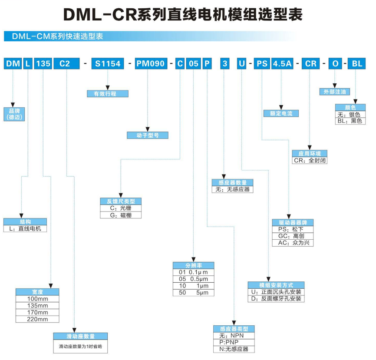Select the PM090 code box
pos(151,63)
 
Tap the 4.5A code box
pos(281,63)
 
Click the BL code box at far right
pos(356,63)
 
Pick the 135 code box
pos(43,63)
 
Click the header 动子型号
pos(147,135)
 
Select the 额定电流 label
pos(281,113)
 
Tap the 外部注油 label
pos(334,92)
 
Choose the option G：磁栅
pos(121,215)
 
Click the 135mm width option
pos(37,305)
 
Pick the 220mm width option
pos(37,319)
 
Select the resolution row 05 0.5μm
pos(193,279)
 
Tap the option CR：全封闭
pos(310,160)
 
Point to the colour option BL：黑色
pos(350,121)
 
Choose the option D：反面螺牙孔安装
pos(276,299)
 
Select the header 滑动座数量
pos(80,336)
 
